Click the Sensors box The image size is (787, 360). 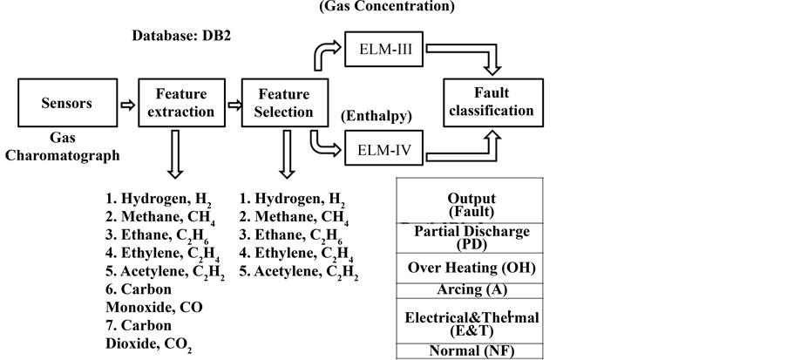coord(66,104)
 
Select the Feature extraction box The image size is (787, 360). coord(185,103)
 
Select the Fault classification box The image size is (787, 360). coord(492,102)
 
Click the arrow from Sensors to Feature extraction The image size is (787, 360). coord(127,104)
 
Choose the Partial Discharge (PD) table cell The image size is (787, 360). coord(471,238)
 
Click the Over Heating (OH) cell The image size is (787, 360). coord(471,268)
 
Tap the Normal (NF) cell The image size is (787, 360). coord(471,351)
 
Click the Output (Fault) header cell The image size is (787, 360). coord(471,204)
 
